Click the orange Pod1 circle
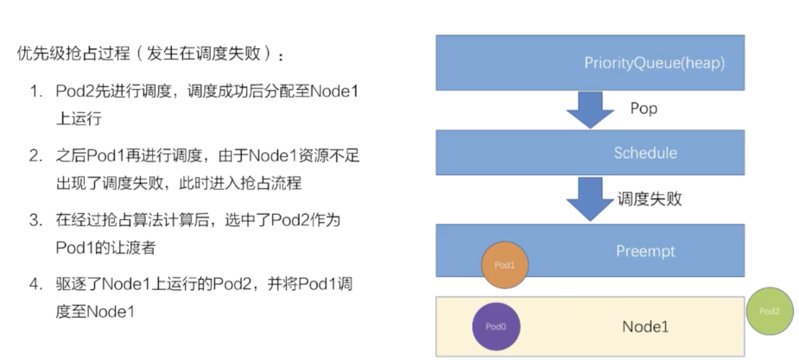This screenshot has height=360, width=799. coord(504,265)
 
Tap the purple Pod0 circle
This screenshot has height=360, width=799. coord(496,327)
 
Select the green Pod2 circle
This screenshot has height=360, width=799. coord(770,311)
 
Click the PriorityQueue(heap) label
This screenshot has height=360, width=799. coord(654,64)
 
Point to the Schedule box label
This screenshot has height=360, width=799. coord(644,153)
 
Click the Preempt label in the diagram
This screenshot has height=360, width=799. coord(644,251)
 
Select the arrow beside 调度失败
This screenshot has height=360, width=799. coord(590,200)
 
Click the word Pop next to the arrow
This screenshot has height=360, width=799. coord(644,109)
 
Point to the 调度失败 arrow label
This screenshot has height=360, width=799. coord(650,199)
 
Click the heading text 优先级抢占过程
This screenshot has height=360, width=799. coord(70,54)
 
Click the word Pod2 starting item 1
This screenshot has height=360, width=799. coord(73,92)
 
